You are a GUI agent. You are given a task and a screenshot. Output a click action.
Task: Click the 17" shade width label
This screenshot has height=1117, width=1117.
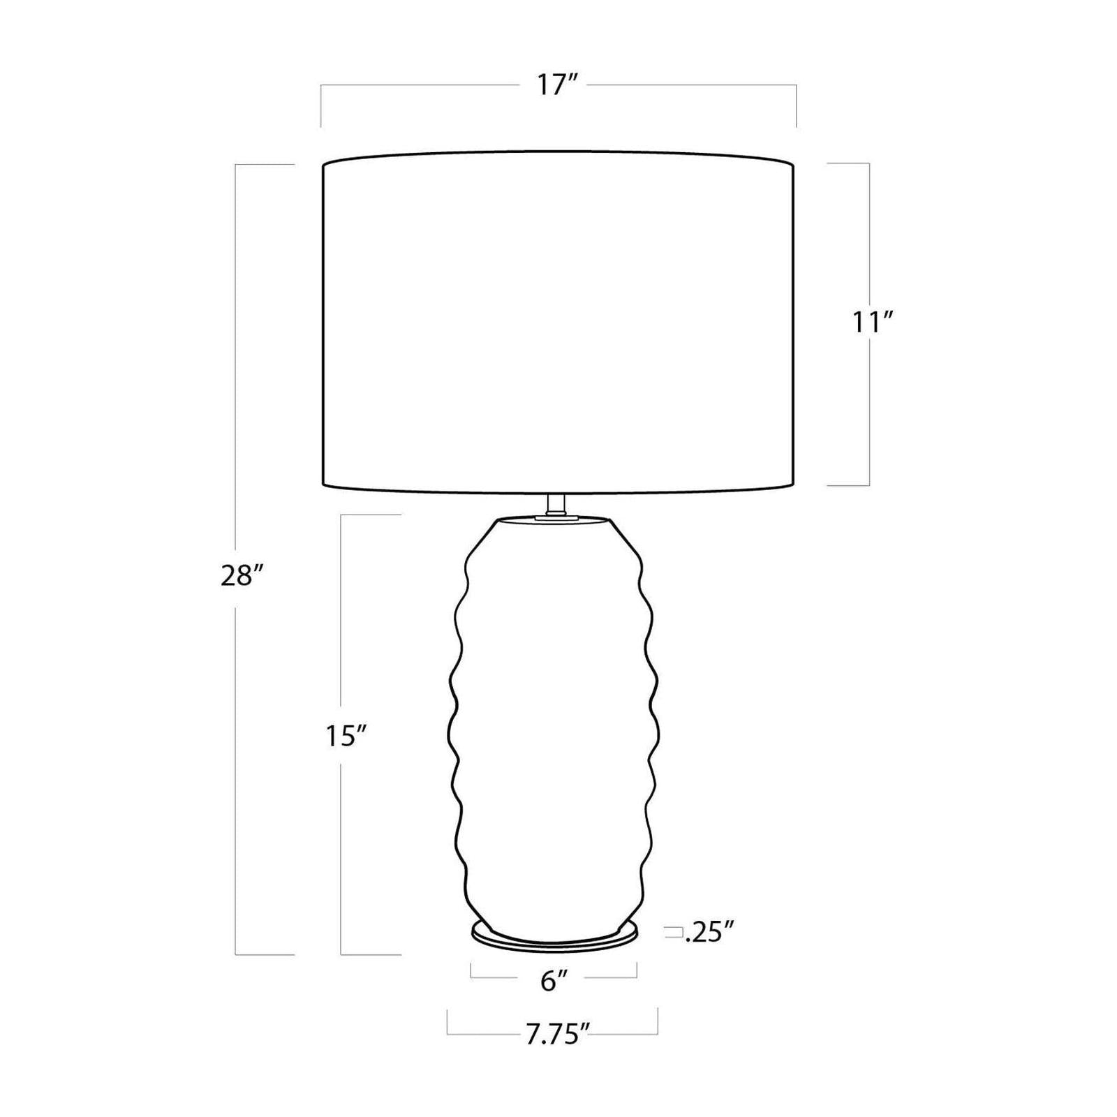pos(558,86)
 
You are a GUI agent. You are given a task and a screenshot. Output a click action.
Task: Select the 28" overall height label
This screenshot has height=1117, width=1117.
pos(243,577)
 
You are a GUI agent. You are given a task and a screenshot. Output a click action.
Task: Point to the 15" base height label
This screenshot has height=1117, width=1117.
pos(346,736)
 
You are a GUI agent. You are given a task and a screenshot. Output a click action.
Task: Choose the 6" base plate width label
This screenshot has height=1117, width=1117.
pos(554,982)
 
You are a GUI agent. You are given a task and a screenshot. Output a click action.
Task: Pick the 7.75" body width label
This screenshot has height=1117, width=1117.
pos(553,1036)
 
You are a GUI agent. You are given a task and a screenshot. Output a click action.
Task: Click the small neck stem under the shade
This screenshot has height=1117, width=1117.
pos(556,504)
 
